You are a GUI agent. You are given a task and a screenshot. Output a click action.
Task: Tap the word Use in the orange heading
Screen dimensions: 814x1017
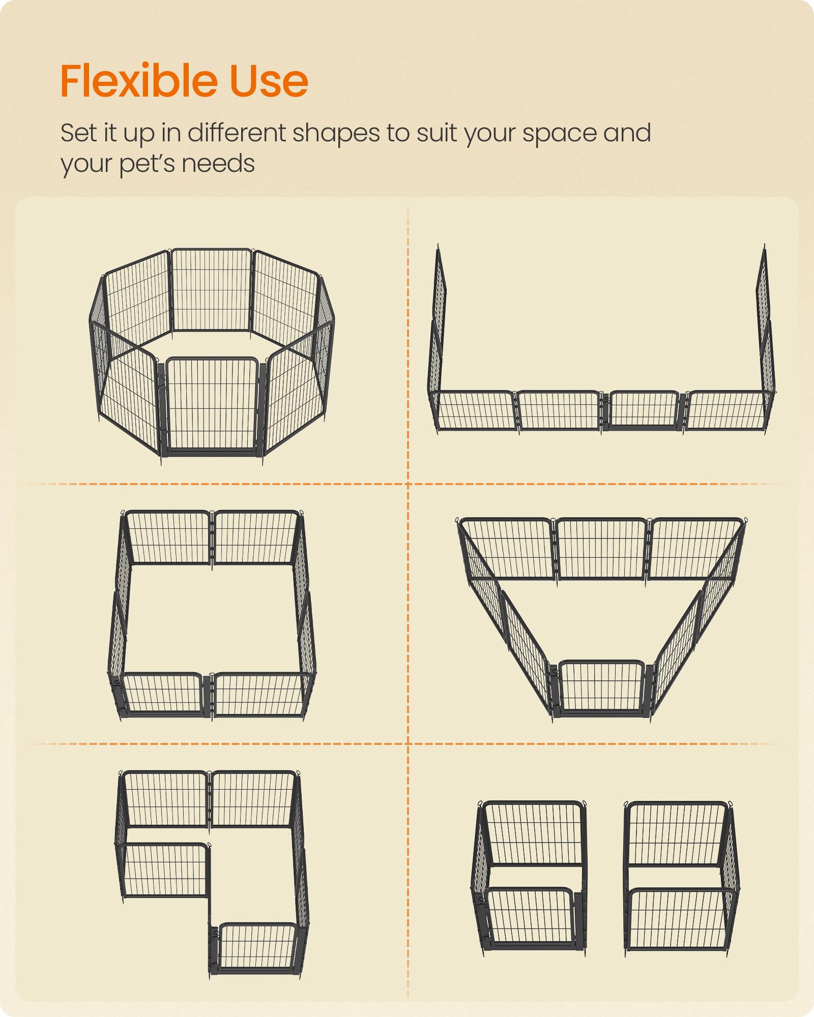(x=269, y=81)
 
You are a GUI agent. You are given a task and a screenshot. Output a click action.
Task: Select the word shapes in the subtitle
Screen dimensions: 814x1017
(x=336, y=133)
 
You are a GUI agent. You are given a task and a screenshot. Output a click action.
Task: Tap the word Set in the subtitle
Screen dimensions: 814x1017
(x=79, y=133)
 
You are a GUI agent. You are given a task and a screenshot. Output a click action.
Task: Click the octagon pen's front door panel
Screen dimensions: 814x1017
(x=212, y=404)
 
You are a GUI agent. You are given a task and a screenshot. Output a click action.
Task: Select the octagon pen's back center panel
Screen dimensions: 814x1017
(x=212, y=290)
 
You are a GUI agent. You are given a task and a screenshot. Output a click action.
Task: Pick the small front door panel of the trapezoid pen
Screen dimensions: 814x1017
(x=601, y=686)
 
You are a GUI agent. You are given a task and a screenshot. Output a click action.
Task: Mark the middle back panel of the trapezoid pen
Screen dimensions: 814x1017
(x=601, y=549)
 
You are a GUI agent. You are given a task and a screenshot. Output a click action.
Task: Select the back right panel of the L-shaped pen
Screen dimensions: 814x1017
(x=253, y=799)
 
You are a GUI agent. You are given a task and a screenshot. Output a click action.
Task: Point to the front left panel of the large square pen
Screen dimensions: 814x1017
(x=163, y=694)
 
